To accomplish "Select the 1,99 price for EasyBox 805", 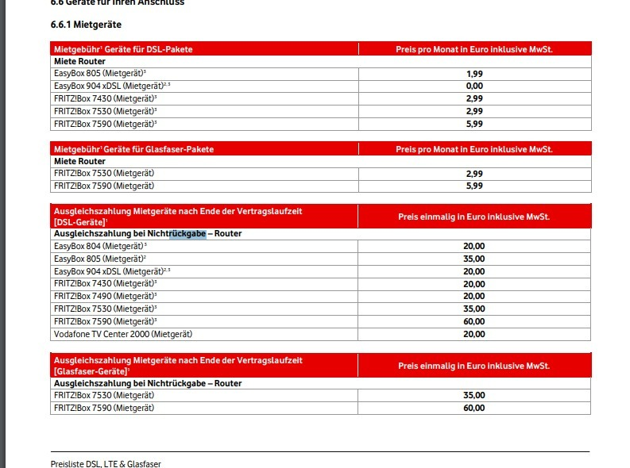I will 474,74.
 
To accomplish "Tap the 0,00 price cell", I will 474,86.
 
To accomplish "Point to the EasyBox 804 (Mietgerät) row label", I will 100,247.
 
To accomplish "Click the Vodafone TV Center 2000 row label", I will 122,335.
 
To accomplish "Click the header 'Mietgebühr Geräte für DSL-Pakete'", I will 123,49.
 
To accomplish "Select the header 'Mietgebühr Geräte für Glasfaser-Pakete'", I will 133,149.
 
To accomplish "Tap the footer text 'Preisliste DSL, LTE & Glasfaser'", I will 105,463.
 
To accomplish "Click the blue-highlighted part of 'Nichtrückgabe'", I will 187,234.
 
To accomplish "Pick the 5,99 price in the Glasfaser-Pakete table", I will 474,186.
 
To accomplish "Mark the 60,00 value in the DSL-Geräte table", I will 474,322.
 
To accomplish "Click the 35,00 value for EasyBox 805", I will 474,259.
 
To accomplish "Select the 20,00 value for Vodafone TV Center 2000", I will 474,335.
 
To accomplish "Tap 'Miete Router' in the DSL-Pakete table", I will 79,61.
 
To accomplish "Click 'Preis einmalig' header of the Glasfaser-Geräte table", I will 474,366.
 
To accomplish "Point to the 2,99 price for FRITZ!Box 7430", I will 474,99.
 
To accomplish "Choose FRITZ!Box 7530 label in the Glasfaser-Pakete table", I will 102,174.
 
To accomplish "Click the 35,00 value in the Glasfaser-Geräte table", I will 474,396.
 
